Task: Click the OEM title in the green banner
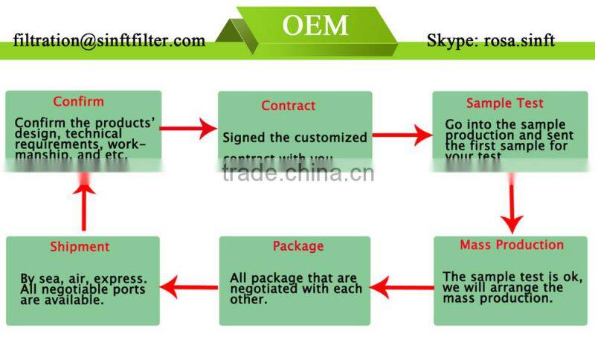click(315, 25)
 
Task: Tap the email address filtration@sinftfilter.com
click(109, 40)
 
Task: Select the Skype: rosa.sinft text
click(490, 40)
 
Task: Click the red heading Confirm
click(78, 101)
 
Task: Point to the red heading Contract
click(288, 106)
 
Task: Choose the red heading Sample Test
click(504, 103)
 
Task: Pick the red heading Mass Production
click(512, 245)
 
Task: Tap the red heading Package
click(298, 245)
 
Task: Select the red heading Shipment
click(80, 246)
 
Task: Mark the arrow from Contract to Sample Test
click(402, 135)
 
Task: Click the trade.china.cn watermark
click(297, 173)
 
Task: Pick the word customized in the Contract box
click(333, 138)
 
